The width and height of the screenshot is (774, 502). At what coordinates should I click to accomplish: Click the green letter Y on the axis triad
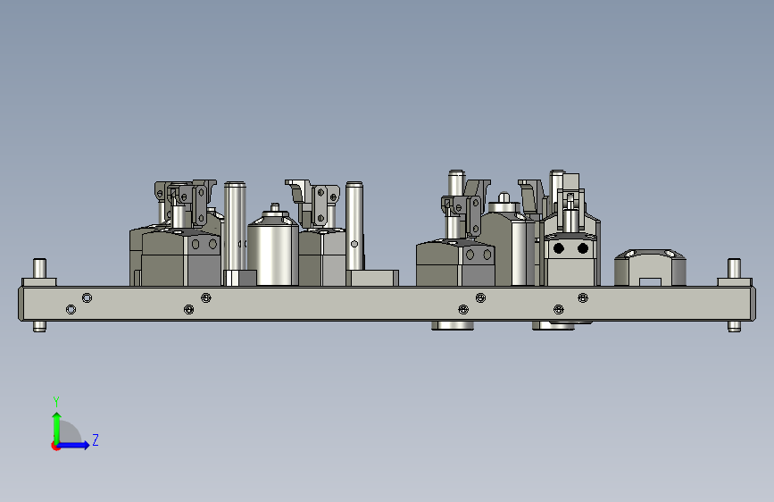coord(56,401)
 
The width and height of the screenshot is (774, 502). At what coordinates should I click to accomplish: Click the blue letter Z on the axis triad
coord(96,439)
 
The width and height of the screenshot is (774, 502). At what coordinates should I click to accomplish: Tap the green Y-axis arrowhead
coord(57,417)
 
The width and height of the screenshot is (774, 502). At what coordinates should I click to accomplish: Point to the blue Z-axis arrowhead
coord(86,445)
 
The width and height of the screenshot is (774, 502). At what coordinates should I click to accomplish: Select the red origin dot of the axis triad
coord(55,446)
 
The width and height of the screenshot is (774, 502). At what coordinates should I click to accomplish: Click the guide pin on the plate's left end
coord(39,268)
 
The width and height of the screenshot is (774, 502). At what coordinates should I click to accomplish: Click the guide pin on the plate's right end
coord(734,268)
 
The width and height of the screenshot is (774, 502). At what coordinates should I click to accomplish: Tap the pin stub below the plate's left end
coord(39,327)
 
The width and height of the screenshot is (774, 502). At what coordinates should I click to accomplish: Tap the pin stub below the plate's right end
coord(734,327)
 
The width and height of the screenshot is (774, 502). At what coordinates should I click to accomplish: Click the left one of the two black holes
coord(559,248)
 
